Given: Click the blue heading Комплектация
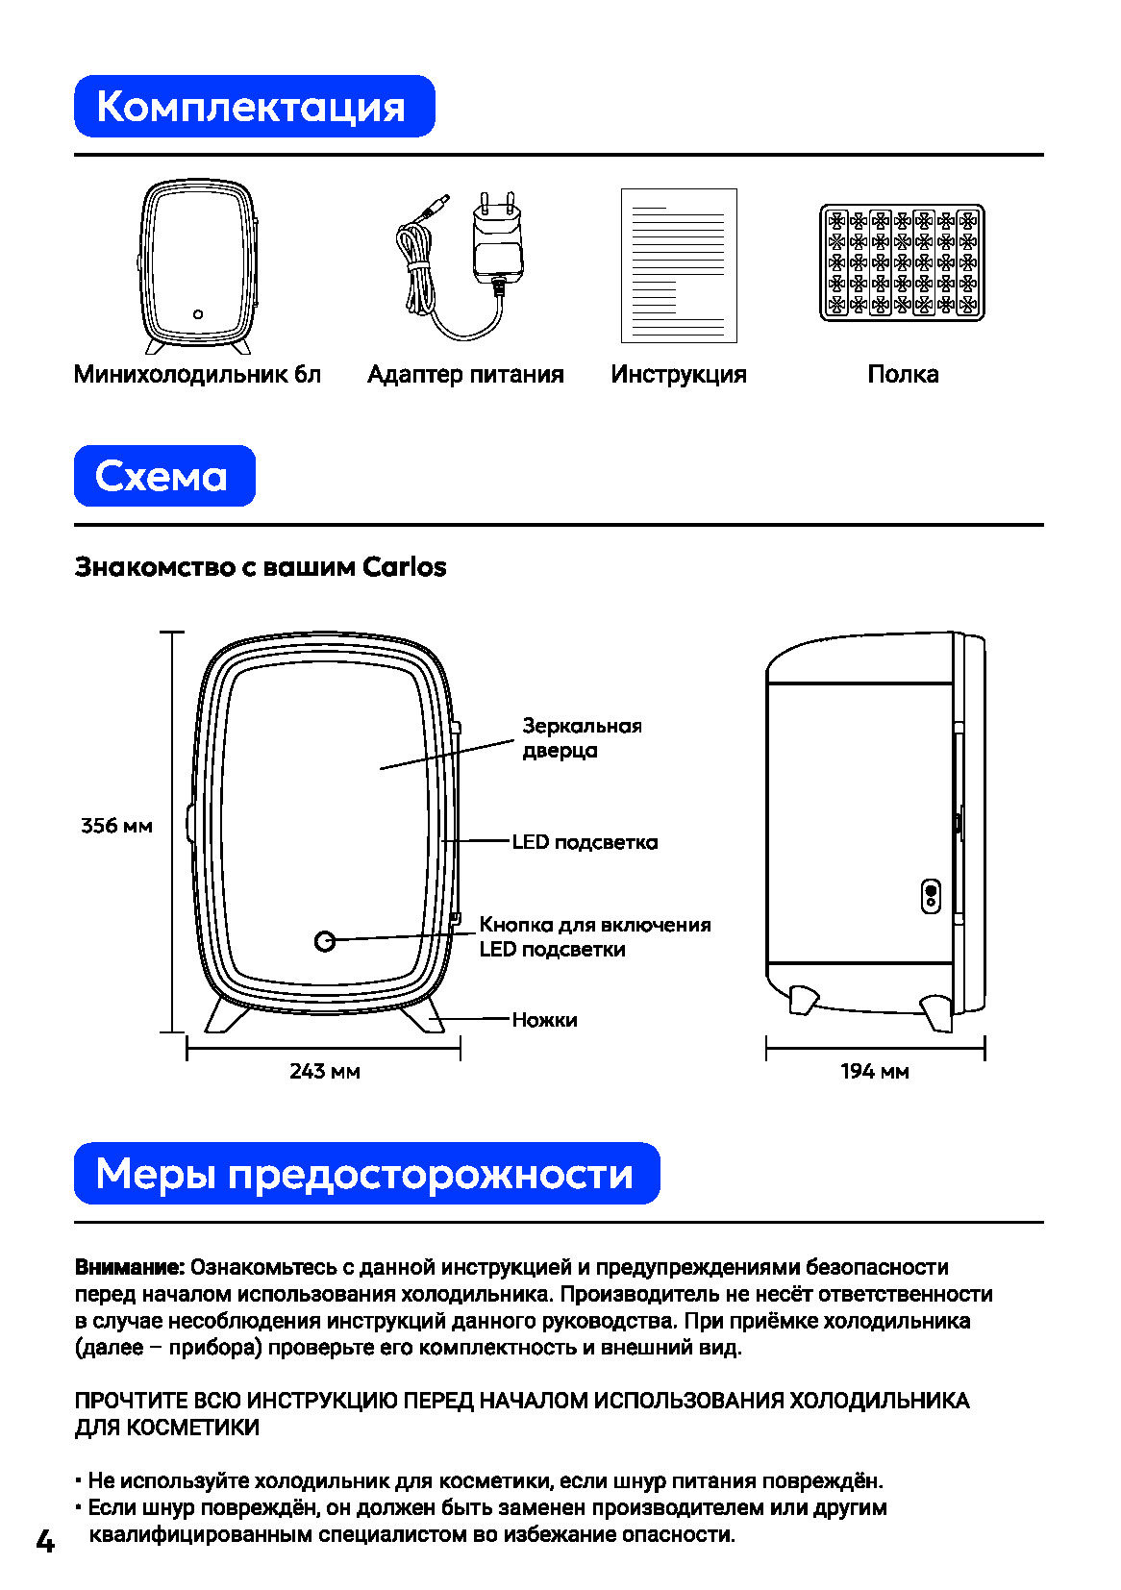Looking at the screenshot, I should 254,107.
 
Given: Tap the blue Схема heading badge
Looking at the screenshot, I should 164,476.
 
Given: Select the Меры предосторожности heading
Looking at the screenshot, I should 366,1174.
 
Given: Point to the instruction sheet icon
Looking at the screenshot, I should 679,265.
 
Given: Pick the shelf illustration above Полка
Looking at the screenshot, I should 902,262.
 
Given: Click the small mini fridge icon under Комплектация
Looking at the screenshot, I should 198,266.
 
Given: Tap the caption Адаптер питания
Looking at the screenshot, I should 465,374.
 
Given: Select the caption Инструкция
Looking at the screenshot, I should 679,374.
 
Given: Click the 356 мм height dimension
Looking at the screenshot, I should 116,826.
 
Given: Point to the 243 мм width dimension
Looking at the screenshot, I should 324,1071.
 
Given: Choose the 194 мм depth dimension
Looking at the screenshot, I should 874,1071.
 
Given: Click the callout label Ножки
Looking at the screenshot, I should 544,1019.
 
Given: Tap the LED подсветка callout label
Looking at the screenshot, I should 585,842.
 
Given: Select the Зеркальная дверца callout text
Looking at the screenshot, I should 581,737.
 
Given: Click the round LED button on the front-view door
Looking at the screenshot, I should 325,940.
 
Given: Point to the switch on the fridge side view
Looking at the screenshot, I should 931,896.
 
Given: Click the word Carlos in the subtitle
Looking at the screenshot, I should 405,567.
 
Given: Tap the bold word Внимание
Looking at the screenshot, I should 129,1267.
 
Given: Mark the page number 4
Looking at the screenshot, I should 45,1541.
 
